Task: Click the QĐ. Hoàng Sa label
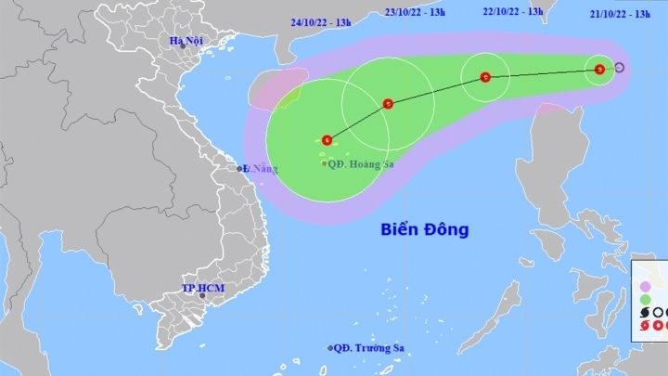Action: (x=358, y=163)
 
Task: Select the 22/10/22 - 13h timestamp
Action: (x=513, y=11)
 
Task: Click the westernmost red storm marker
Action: (x=327, y=140)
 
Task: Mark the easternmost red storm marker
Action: (x=600, y=68)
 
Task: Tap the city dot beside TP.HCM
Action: (x=189, y=296)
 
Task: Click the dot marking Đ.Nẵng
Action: (x=239, y=168)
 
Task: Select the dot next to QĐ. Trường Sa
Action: (x=331, y=348)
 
